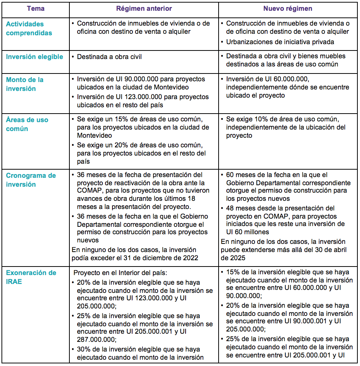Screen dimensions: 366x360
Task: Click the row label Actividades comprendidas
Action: click(x=29, y=29)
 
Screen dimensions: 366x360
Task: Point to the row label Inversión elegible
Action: click(x=35, y=57)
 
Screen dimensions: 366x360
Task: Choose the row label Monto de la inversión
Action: click(x=24, y=84)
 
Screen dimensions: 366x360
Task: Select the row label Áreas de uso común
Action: click(x=27, y=124)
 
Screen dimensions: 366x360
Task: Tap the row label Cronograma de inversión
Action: click(x=31, y=180)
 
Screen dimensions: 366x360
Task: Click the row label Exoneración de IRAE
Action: click(x=31, y=277)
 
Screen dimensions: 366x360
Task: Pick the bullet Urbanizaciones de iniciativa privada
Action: click(x=280, y=42)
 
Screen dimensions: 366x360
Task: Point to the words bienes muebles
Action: click(x=326, y=56)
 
